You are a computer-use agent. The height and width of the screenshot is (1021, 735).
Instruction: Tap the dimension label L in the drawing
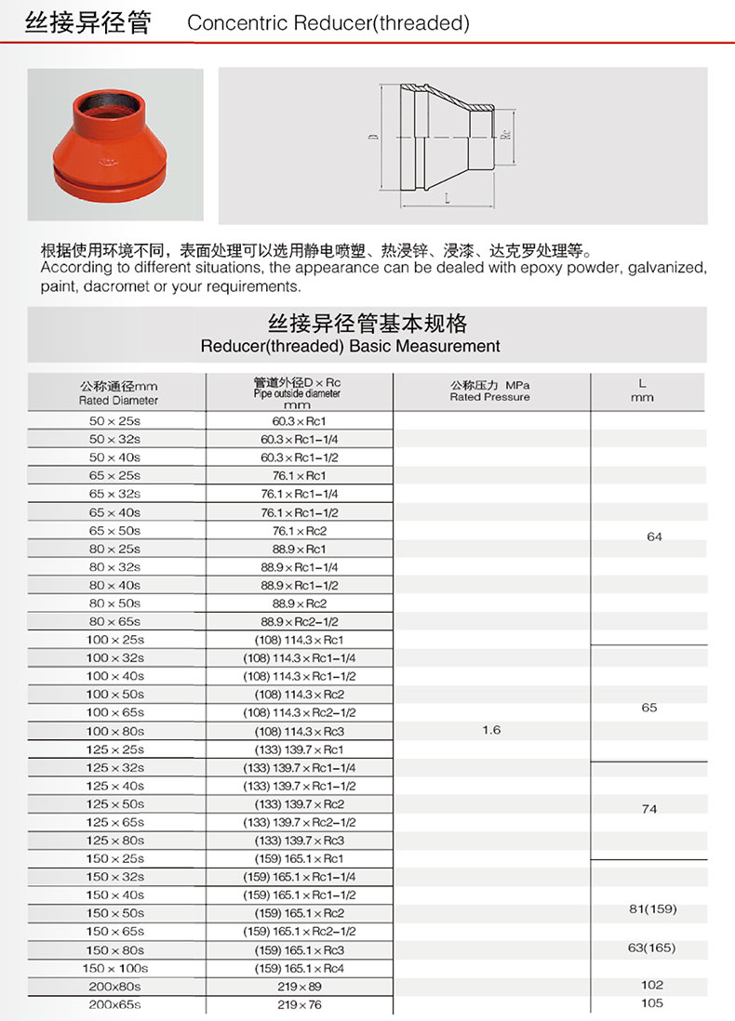point(448,198)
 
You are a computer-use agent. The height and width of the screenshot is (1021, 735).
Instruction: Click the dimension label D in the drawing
point(373,138)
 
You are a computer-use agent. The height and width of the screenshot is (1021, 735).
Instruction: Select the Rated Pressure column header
point(490,391)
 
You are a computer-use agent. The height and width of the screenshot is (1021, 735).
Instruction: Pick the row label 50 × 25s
point(115,421)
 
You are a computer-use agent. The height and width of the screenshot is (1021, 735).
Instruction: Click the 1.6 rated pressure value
point(491,730)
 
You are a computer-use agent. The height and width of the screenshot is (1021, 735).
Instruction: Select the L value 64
point(654,537)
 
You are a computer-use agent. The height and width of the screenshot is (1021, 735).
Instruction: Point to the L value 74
point(649,809)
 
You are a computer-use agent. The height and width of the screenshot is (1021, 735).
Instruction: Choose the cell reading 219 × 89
point(300,987)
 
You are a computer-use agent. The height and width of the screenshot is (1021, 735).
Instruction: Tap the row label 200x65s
point(115,1005)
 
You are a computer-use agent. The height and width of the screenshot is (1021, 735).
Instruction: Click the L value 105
point(652,1002)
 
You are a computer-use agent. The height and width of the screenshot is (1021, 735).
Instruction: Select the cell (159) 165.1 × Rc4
point(300,968)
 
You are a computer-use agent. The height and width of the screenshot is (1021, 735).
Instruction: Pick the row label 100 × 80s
point(115,732)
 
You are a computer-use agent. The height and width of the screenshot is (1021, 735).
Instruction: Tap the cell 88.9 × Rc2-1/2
point(300,622)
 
